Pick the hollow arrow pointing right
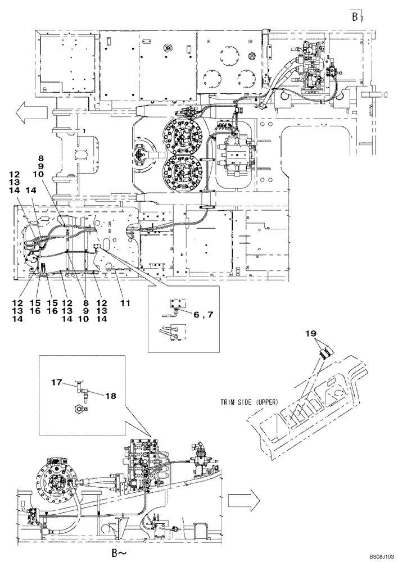click(x=242, y=497)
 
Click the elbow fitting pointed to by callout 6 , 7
click(x=175, y=306)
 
